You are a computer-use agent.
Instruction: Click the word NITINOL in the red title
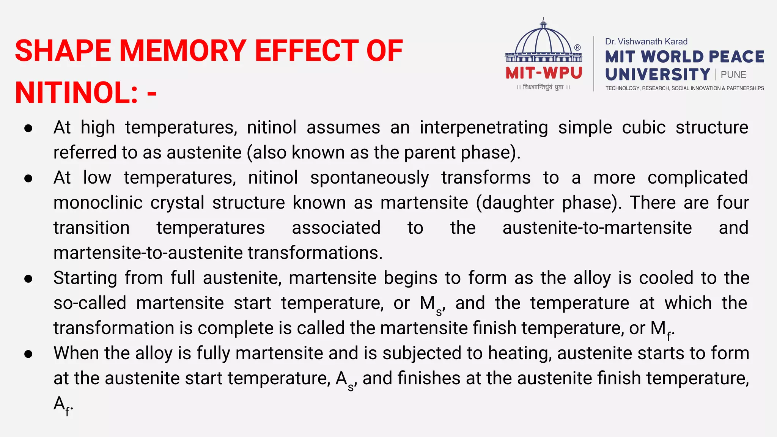(76, 93)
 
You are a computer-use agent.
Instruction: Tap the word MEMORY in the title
(183, 51)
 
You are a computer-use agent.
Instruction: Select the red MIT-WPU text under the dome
(544, 73)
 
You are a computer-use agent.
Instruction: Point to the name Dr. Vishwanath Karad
(646, 42)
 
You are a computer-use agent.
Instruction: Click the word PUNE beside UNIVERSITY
(733, 75)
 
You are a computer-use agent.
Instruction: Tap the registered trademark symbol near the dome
(577, 47)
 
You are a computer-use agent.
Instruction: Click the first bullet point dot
(28, 128)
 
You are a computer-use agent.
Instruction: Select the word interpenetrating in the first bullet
(484, 127)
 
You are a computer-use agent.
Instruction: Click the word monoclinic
(98, 203)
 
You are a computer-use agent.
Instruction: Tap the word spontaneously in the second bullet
(369, 178)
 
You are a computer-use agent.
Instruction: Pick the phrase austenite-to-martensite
(597, 228)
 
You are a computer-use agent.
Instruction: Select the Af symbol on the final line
(62, 405)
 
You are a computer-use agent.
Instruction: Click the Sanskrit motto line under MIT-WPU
(543, 87)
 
